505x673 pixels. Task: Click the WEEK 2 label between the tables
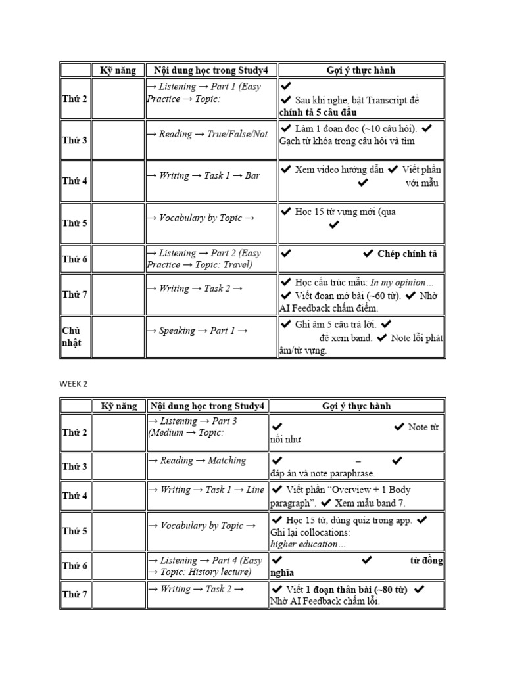tap(73, 384)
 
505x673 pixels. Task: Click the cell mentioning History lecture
tap(206, 566)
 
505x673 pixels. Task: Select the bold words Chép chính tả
tap(407, 254)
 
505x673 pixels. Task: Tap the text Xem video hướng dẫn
tap(339, 169)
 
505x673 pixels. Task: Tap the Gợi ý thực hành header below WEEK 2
tap(357, 406)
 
